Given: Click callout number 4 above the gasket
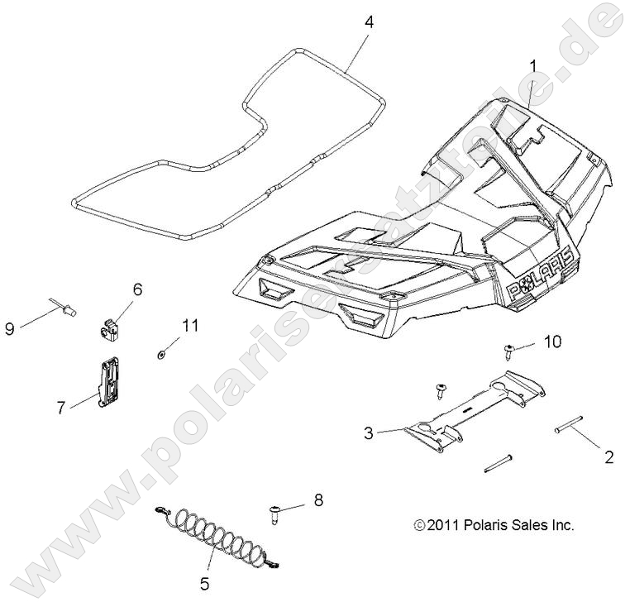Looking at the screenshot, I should click(x=369, y=22).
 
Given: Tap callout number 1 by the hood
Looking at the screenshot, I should click(x=533, y=64).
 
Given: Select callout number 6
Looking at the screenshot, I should click(x=137, y=289).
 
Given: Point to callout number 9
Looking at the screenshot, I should click(x=10, y=329).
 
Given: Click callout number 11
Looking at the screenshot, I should click(x=191, y=326).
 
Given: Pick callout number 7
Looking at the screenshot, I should click(x=60, y=407).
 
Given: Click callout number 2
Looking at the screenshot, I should click(x=609, y=456).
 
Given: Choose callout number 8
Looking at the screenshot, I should click(x=318, y=499).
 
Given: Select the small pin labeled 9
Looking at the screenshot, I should click(x=66, y=310).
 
